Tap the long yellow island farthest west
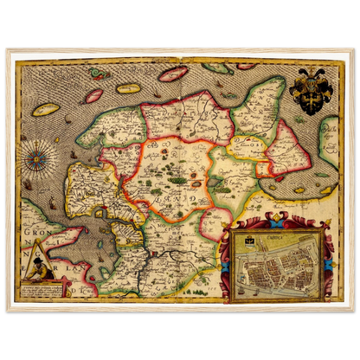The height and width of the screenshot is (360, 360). [45, 110]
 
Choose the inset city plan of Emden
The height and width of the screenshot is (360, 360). [280, 263]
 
